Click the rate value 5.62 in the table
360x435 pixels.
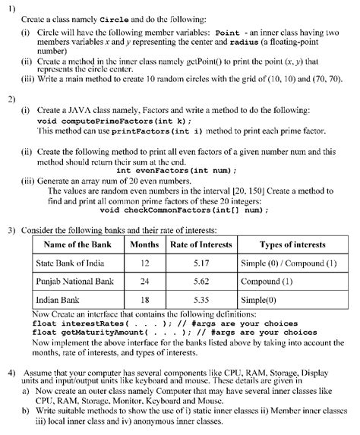click(201, 281)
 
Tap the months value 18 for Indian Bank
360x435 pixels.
click(144, 300)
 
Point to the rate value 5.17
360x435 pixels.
click(201, 263)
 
